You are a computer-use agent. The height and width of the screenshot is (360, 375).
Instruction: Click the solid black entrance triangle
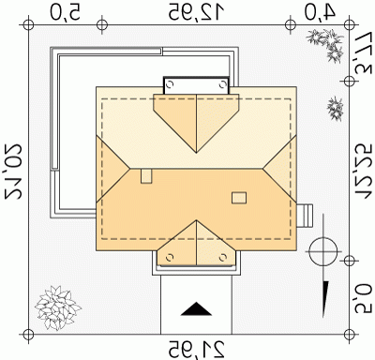pos(196,308)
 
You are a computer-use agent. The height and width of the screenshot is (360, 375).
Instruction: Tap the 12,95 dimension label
pos(197,13)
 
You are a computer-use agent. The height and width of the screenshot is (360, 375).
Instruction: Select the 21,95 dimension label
pos(197,349)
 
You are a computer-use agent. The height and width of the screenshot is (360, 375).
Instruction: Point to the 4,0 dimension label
pos(320,12)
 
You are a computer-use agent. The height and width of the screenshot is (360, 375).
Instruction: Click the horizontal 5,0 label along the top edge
pos(65,13)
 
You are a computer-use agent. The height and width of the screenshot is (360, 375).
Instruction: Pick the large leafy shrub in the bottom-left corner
pos(57,308)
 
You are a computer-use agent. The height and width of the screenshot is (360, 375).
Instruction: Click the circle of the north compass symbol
pos(323,251)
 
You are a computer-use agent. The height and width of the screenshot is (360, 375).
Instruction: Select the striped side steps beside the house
pos(305,216)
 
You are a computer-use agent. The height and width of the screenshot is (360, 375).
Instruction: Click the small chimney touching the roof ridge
pos(146,176)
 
